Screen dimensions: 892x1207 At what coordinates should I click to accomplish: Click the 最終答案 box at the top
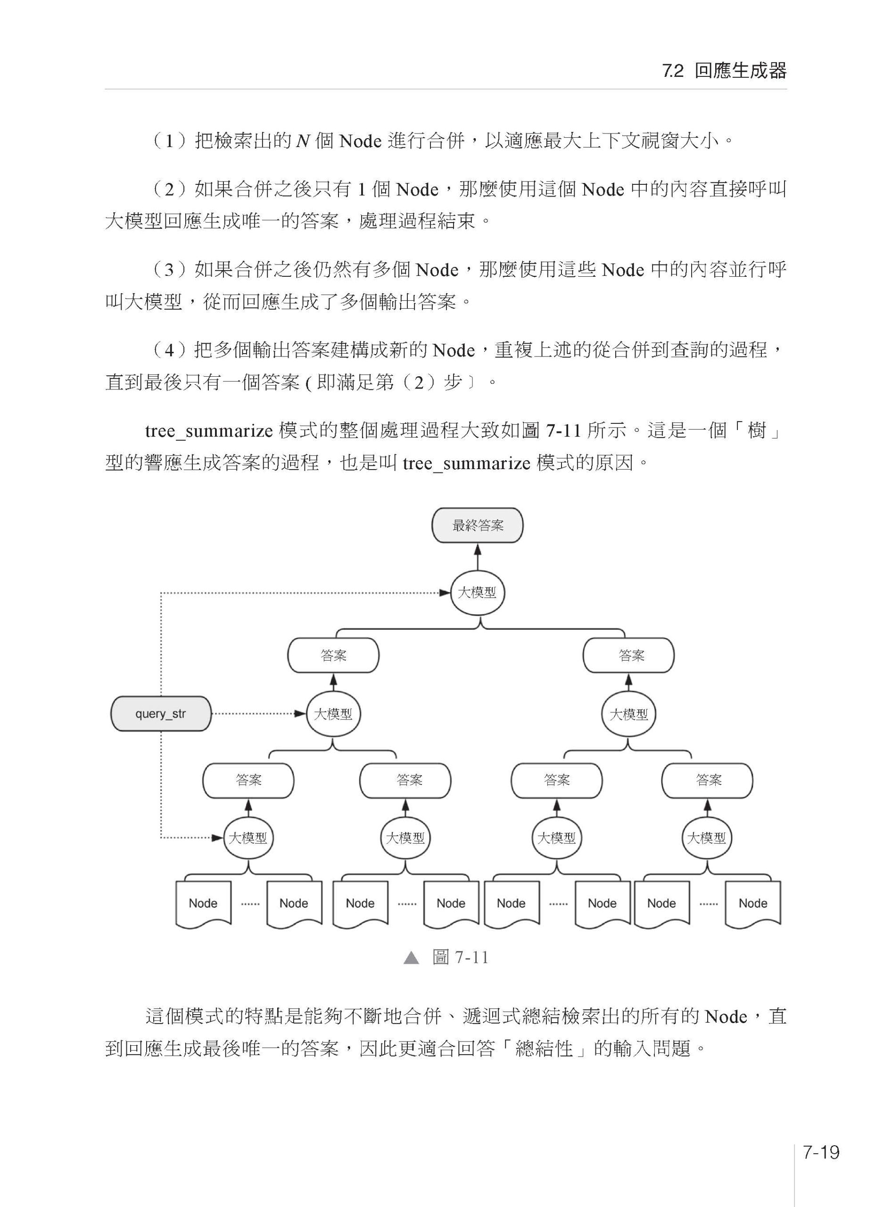[477, 525]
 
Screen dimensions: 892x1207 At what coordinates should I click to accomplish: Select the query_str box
[160, 713]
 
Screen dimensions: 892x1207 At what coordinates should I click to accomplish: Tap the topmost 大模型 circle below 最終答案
[477, 593]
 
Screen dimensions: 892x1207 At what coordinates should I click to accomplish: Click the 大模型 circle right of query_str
[333, 714]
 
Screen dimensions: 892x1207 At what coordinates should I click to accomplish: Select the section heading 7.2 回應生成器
[724, 71]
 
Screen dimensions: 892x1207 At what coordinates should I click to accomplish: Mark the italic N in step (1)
[303, 141]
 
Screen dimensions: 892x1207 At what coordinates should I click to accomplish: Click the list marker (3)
[169, 270]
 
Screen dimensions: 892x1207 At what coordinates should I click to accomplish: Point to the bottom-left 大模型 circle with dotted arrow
[248, 838]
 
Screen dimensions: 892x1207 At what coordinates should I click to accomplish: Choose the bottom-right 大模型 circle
[706, 838]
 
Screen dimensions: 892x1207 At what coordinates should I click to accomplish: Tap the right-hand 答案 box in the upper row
[628, 655]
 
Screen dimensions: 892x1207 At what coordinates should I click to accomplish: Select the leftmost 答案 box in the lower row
[248, 780]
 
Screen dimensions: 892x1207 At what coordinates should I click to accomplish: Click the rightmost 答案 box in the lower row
[707, 780]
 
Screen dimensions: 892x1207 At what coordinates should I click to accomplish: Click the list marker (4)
[169, 350]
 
